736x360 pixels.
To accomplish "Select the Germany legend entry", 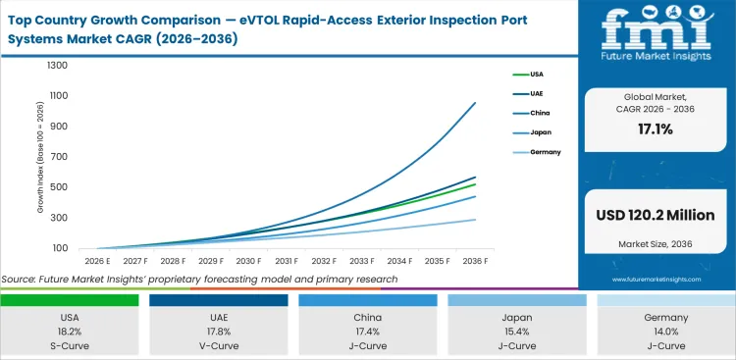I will click(547, 152).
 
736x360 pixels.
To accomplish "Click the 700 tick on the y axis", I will click(59, 157).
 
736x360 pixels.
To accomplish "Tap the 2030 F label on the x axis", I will click(248, 261).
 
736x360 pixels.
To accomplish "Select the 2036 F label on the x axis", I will click(476, 261).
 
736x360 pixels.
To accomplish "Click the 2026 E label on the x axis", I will click(96, 261).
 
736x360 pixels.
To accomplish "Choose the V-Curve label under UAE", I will click(221, 346).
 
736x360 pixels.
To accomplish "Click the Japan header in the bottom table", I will click(517, 319).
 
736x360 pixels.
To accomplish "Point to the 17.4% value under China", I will click(369, 333).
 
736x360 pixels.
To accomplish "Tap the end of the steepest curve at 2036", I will click(476, 103).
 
